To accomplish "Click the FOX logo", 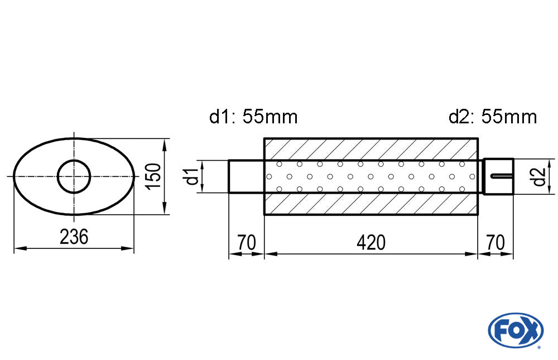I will pos(515,330).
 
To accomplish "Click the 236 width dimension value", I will pos(74,237).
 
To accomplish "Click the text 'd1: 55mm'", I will pos(253,117).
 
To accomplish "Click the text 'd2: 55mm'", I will pos(492,117).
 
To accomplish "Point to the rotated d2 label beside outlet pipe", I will pos(538,177).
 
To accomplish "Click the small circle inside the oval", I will pos(74,176).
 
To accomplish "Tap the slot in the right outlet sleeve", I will pos(502,177).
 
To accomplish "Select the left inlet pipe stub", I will pos(246,176).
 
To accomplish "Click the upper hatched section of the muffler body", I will pos(371,149).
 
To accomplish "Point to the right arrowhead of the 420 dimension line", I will pos(474,255).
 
